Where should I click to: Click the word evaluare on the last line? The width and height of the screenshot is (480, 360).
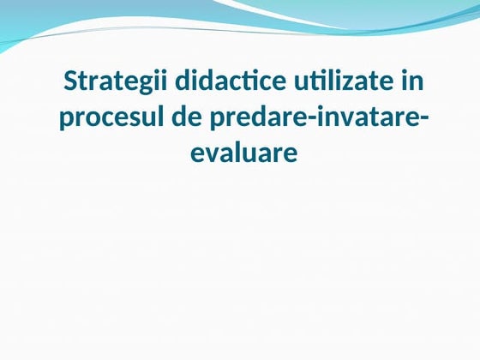click(x=241, y=153)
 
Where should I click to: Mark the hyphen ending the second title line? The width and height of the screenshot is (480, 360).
click(x=423, y=120)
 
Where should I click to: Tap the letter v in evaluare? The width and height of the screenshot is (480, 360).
click(x=209, y=154)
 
